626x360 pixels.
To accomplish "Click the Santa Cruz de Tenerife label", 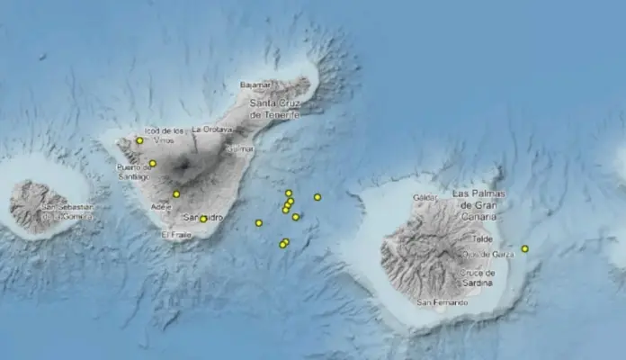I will coord(275,110).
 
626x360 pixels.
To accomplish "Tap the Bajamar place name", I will coord(255,85).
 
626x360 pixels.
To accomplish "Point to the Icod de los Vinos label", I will coord(169,135).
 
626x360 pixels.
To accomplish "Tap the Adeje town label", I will coord(162,206).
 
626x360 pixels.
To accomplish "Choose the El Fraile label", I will coord(176,235).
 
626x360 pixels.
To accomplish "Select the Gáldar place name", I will coord(424,197).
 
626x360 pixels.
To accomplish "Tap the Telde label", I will coord(482,239).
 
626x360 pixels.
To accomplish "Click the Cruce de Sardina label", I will coord(477,277).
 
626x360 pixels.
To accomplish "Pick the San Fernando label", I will coord(443,301).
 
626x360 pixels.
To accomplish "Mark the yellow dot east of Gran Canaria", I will coord(524,248).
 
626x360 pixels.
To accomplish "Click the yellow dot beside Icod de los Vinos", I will coord(139,140).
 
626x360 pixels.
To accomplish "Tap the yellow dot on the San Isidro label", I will coord(203,219).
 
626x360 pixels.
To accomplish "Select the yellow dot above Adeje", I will coord(176,194).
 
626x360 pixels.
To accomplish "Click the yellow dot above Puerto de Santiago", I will coord(153,163).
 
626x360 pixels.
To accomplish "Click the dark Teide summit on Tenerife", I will coord(186,166).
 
